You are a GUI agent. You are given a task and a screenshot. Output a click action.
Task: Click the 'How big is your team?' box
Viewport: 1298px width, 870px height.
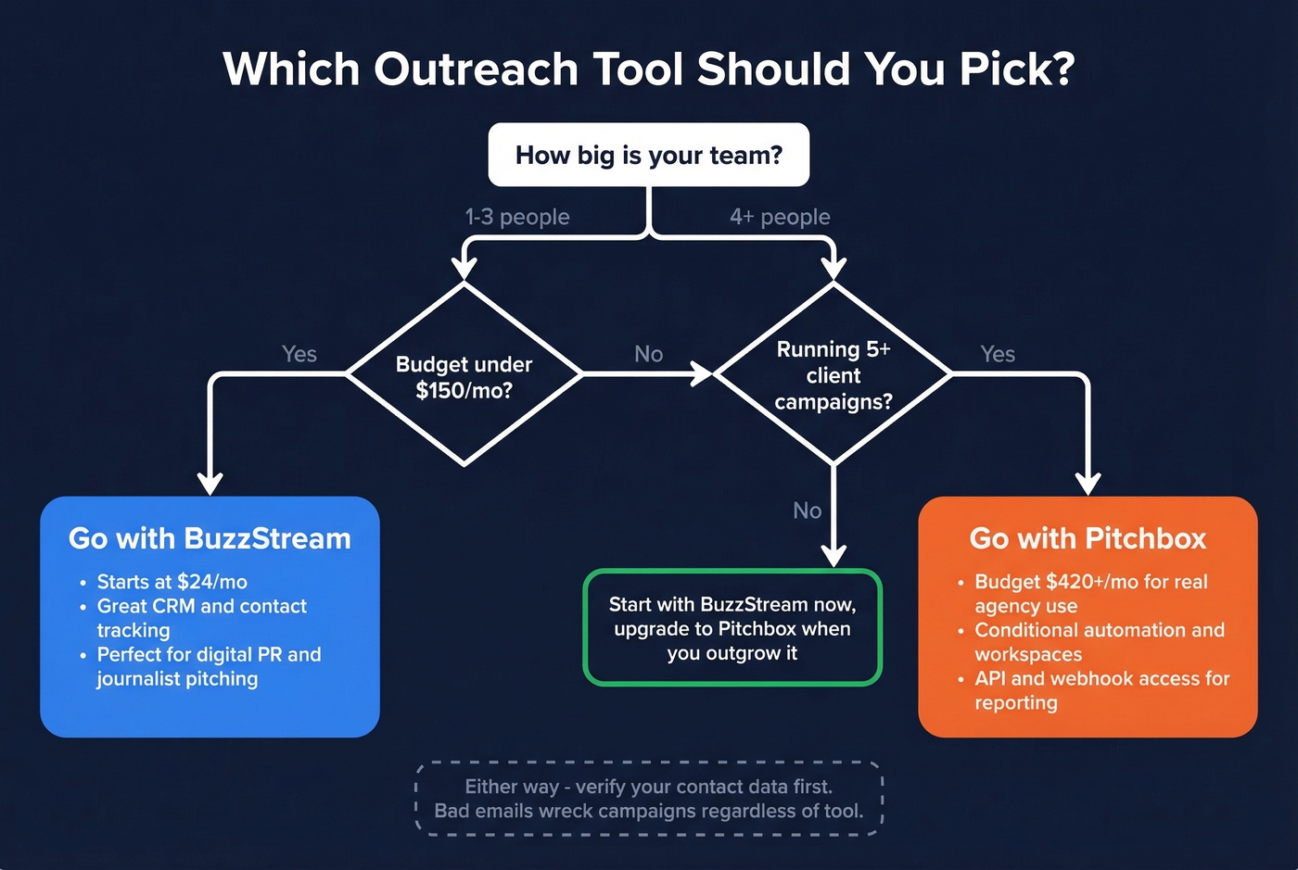[649, 155]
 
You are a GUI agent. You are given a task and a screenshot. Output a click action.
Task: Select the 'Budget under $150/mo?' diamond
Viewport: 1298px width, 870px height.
[464, 376]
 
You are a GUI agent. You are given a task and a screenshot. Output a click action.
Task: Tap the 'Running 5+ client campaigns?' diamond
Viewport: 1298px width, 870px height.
[833, 375]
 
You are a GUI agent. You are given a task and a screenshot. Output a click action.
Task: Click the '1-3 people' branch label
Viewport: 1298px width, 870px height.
[517, 217]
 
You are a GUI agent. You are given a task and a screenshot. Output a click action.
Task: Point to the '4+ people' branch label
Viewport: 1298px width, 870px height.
[780, 217]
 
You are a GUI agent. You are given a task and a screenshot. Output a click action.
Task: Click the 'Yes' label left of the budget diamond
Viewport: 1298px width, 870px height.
[299, 354]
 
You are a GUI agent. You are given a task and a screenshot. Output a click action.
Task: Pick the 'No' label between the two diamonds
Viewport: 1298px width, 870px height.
[648, 354]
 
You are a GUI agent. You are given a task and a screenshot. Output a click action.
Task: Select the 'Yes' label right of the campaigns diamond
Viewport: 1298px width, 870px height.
[998, 354]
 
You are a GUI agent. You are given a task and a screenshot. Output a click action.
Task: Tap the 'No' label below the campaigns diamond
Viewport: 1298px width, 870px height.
[807, 511]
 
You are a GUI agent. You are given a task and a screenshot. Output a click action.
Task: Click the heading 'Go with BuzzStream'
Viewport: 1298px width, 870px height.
[210, 538]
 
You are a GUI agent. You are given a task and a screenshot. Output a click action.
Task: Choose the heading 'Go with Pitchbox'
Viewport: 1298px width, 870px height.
[1088, 538]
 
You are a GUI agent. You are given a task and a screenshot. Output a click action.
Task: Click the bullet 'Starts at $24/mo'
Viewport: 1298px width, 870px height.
[172, 582]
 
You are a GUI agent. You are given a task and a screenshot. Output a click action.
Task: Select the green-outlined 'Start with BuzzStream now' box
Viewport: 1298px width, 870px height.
[732, 628]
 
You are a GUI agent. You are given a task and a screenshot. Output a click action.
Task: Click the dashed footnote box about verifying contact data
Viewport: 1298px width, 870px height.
[649, 799]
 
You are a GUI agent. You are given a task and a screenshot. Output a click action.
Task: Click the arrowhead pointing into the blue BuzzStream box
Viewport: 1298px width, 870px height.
[210, 484]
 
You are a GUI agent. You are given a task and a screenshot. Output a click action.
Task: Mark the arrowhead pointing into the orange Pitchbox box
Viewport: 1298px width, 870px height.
[1088, 484]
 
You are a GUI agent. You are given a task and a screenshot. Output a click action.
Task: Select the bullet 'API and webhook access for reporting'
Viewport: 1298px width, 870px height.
[1101, 690]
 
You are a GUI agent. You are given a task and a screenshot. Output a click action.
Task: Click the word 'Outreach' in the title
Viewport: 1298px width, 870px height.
[477, 69]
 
